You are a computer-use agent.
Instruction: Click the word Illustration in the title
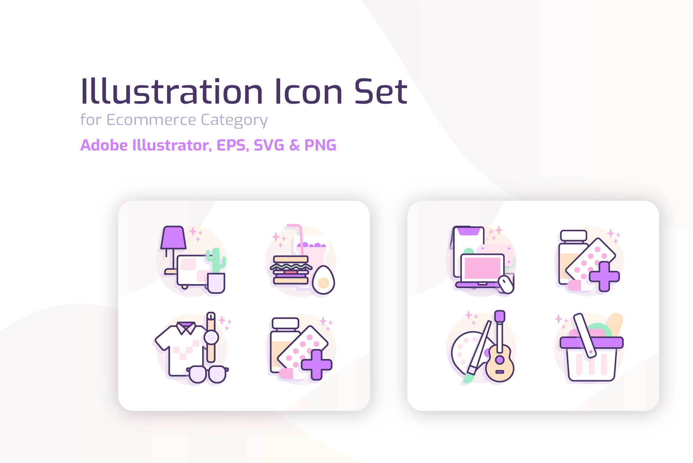click(172, 91)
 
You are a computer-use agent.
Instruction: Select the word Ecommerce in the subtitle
click(152, 120)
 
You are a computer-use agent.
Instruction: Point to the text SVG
click(269, 145)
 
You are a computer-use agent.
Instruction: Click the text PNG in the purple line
click(320, 145)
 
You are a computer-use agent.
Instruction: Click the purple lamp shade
click(173, 237)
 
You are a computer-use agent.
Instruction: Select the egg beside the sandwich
click(323, 280)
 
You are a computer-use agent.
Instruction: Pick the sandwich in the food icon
click(291, 270)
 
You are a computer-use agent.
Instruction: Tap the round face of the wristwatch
click(211, 337)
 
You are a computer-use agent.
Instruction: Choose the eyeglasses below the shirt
click(208, 374)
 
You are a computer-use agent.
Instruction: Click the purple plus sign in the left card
click(316, 365)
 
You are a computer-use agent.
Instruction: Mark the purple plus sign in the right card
click(604, 276)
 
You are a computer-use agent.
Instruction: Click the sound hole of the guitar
click(500, 359)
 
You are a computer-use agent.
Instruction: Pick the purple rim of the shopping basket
click(591, 343)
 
